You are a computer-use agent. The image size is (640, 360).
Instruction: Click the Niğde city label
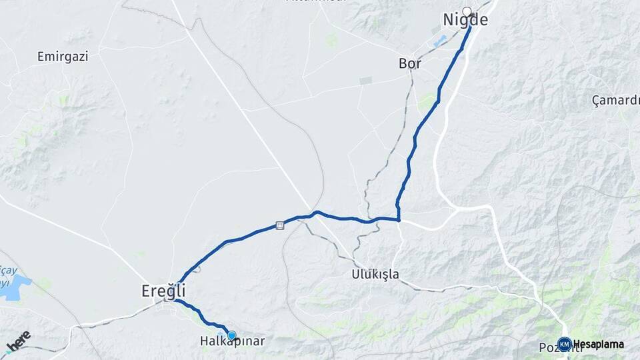pos(465,21)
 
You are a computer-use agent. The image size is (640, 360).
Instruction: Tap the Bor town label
pos(410,64)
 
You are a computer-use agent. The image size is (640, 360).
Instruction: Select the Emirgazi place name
pos(63,57)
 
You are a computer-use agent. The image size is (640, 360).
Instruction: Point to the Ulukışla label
pos(375,274)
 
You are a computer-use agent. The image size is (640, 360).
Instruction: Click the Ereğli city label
pos(163,291)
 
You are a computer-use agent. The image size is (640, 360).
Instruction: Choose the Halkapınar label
pos(233,341)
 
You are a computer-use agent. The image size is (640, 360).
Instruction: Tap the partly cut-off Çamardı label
pos(615,101)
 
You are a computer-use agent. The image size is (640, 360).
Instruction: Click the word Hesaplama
pos(599,345)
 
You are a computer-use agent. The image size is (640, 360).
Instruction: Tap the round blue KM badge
pos(564,345)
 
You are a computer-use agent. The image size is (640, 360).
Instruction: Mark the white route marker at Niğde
pos(467,11)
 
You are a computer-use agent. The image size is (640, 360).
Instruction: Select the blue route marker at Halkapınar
pos(231,335)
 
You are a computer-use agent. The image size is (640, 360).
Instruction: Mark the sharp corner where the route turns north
pos(399,219)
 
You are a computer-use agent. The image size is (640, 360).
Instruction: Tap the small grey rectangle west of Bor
pos(365,81)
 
